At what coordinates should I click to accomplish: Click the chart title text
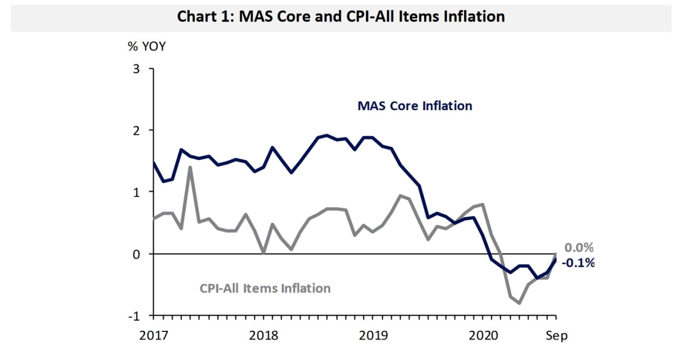point(341,16)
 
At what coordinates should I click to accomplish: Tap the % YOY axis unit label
point(146,46)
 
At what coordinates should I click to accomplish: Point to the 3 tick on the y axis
point(136,69)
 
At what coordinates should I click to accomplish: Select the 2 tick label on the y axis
point(136,130)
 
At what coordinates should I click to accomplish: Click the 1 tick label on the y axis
point(136,192)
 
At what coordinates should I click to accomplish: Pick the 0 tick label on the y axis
point(136,254)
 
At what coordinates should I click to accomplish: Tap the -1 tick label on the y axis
point(134,315)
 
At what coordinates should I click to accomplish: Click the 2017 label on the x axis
point(153,335)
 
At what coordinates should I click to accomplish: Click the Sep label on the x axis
point(556,335)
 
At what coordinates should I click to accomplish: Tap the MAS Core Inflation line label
point(414,106)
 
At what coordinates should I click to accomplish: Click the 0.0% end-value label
point(579,248)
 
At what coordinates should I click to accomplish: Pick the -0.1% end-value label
point(578,263)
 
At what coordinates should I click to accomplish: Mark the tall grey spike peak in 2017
point(190,167)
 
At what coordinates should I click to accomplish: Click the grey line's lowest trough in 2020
point(520,303)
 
